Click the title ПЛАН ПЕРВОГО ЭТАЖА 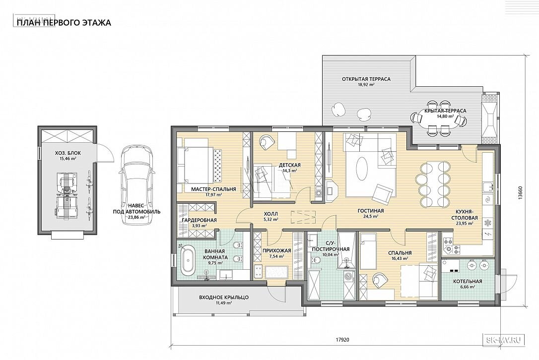click(x=64, y=23)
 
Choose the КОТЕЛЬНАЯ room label click(x=468, y=281)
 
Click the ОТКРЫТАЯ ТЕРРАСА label click(x=366, y=79)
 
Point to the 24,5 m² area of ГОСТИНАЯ click(x=371, y=217)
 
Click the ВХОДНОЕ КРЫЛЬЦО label click(x=224, y=298)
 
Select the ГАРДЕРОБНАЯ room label click(x=200, y=220)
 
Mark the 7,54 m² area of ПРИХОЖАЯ click(x=277, y=256)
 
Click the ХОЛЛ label click(x=271, y=214)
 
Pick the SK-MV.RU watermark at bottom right click(x=505, y=340)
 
